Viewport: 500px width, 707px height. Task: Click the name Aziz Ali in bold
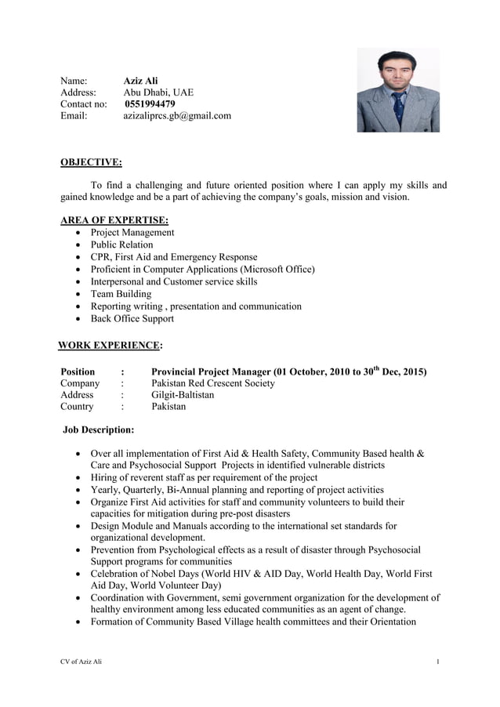140,80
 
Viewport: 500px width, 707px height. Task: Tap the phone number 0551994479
150,103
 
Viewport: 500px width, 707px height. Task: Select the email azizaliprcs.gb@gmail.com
177,116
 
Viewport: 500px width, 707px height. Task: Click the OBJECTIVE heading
91,163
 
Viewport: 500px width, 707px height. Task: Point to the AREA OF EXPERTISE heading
114,220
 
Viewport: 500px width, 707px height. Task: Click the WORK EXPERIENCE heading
111,345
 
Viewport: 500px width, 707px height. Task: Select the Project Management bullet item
132,233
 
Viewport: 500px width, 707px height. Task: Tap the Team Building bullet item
121,294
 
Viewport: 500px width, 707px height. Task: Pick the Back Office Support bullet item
132,318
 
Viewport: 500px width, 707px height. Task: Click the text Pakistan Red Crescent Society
212,383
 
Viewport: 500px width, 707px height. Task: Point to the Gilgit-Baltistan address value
183,395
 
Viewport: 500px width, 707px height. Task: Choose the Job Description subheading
99,430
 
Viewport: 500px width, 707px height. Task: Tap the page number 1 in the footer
438,662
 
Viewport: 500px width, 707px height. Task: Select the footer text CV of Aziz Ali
81,662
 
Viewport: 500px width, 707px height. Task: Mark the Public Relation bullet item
121,245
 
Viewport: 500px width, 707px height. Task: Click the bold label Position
78,372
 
